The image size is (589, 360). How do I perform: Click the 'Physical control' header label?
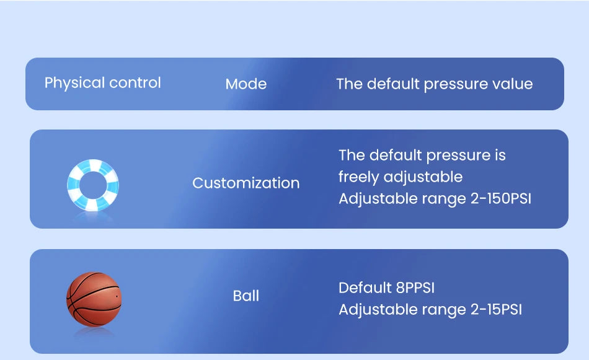[x=103, y=83]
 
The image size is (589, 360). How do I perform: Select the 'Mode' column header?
[x=246, y=84]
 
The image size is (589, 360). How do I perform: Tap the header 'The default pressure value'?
[x=434, y=84]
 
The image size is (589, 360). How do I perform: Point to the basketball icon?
[x=94, y=299]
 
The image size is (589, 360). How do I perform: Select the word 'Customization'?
[x=246, y=183]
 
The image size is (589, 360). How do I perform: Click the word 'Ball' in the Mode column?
[x=246, y=296]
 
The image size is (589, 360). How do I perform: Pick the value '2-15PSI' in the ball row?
[x=496, y=310]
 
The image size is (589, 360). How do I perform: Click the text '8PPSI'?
[x=415, y=288]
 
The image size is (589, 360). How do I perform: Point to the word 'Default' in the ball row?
[x=365, y=288]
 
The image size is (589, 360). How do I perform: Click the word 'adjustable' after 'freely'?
[x=423, y=177]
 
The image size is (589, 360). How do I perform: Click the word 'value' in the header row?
[x=512, y=84]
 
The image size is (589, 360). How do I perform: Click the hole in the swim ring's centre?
[x=93, y=185]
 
